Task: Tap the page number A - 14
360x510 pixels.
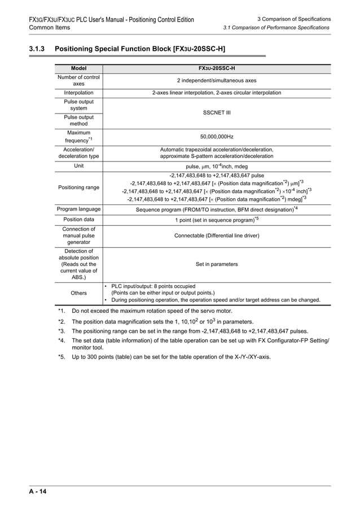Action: click(x=38, y=491)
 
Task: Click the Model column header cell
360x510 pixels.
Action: click(x=78, y=68)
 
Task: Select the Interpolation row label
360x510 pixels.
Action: click(x=78, y=93)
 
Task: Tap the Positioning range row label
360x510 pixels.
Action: click(x=78, y=187)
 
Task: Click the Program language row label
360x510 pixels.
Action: click(x=78, y=209)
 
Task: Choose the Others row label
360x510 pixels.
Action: click(x=78, y=293)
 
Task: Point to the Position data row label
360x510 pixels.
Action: click(x=78, y=219)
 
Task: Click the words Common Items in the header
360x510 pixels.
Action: click(x=49, y=27)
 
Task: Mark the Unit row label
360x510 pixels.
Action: click(x=78, y=166)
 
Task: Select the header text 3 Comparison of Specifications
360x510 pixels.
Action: click(x=293, y=19)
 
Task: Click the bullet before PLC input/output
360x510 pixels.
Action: click(x=107, y=286)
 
